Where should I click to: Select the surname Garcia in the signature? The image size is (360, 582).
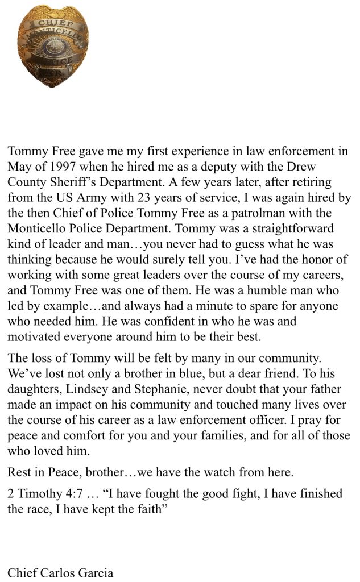point(95,572)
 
